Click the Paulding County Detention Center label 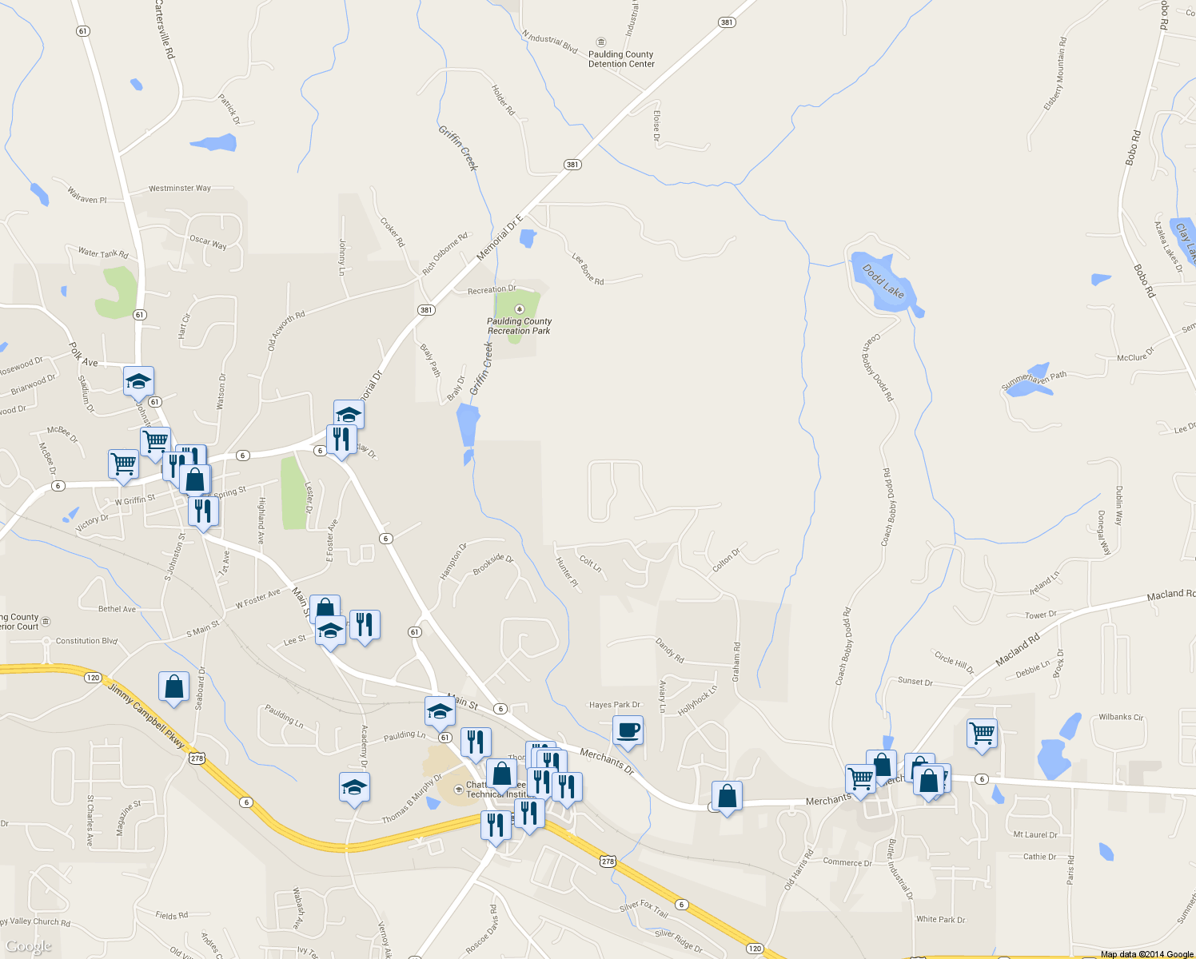click(x=621, y=59)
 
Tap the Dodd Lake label click(x=883, y=281)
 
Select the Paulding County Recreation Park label click(x=520, y=326)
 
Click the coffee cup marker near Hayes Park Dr click(x=628, y=730)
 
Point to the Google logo click(x=29, y=946)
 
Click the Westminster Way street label click(x=180, y=189)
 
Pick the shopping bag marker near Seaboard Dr click(x=173, y=686)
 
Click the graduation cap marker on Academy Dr click(x=354, y=788)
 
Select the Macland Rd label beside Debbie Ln click(x=1018, y=651)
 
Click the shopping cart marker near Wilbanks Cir click(x=982, y=732)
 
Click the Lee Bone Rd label click(x=588, y=269)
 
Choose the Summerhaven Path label click(x=1034, y=381)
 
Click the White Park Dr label click(x=940, y=919)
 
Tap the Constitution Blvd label click(x=86, y=641)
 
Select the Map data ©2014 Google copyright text click(x=1146, y=954)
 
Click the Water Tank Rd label click(x=103, y=253)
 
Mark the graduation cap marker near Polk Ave click(x=138, y=381)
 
